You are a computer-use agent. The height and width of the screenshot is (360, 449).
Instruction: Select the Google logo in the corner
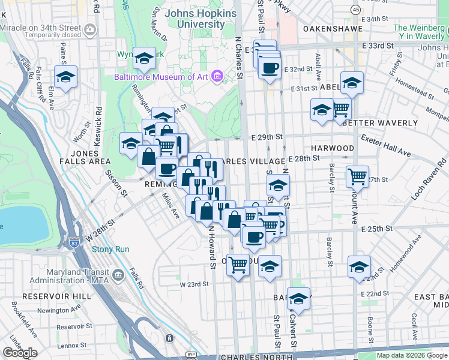tap(20, 353)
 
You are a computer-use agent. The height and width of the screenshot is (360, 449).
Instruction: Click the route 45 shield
tap(356, 10)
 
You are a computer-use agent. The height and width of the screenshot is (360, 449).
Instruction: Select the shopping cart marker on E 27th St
tap(358, 176)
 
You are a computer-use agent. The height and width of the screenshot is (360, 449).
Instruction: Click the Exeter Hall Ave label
tap(385, 146)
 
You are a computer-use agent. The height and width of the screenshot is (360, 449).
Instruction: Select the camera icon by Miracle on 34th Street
tap(90, 28)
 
